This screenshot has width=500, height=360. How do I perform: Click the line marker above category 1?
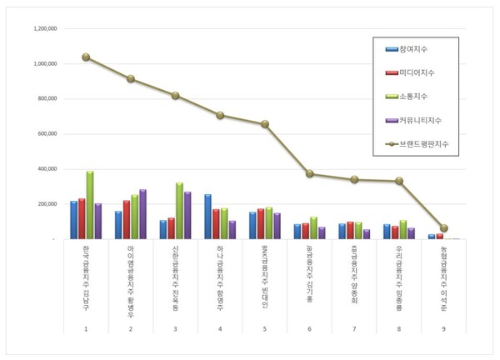pyautogui.click(x=86, y=57)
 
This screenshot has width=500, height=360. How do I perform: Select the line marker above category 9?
pyautogui.click(x=443, y=227)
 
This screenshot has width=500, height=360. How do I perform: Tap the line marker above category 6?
pyautogui.click(x=309, y=174)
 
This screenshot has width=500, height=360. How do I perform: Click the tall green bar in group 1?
pyautogui.click(x=90, y=205)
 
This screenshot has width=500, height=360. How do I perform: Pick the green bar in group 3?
pyautogui.click(x=179, y=211)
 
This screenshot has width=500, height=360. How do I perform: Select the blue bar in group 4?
pyautogui.click(x=207, y=217)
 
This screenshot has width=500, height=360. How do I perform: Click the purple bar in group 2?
pyautogui.click(x=142, y=214)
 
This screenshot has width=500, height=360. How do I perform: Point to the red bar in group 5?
pyautogui.click(x=260, y=223)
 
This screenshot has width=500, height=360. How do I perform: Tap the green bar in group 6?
pyautogui.click(x=313, y=227)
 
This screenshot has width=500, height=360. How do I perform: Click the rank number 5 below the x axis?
pyautogui.click(x=264, y=329)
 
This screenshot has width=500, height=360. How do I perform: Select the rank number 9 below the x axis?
pyautogui.click(x=443, y=329)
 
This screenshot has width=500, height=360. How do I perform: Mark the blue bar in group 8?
pyautogui.click(x=386, y=231)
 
